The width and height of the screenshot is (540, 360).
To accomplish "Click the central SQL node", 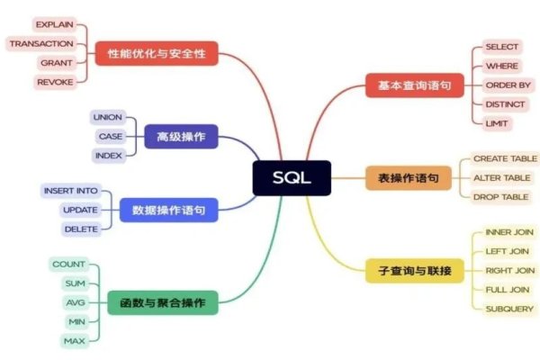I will tap(292, 177).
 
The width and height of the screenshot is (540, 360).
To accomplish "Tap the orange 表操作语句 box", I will tap(408, 178).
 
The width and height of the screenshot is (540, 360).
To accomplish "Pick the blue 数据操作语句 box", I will tap(168, 211).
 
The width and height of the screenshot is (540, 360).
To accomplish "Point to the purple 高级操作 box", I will tap(181, 137).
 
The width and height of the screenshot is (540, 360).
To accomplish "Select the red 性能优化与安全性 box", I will tap(157, 54).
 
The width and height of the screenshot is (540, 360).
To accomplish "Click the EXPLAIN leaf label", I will tap(55, 23).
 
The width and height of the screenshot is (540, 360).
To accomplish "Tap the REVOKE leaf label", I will tap(55, 82).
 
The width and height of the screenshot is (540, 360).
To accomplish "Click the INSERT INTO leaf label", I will tap(71, 191).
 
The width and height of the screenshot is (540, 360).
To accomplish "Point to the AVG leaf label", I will tap(75, 302).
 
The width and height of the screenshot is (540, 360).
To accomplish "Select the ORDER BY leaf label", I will tap(508, 85).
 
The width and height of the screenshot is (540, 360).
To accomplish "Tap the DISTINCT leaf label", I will tap(504, 103).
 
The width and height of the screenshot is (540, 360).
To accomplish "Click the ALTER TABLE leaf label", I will tap(501, 177).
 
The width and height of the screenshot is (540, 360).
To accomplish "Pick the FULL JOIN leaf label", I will tap(507, 289).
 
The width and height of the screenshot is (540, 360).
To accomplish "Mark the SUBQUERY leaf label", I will tap(508, 308).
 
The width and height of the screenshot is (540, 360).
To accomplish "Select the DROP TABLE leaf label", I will tap(501, 196).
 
